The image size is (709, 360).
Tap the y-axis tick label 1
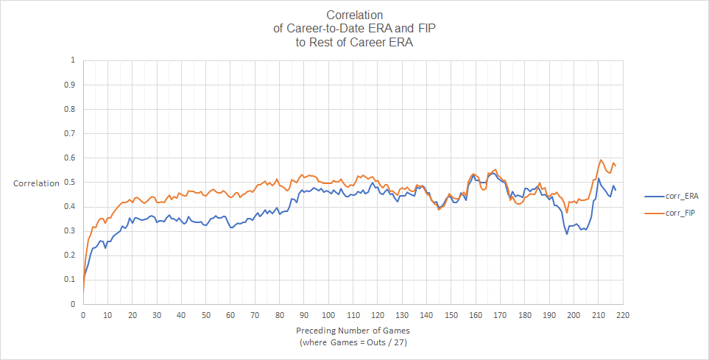(72, 60)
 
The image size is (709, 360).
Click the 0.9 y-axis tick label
(71, 85)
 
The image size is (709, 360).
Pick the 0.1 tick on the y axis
(71, 280)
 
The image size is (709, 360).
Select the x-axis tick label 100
(328, 314)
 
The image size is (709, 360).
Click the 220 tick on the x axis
(623, 314)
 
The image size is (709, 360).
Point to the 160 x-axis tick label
(476, 314)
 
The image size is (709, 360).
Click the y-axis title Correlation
(36, 183)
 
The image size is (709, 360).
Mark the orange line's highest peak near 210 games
(601, 160)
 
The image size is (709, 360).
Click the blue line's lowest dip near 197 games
(567, 233)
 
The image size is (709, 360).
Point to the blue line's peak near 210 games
(599, 178)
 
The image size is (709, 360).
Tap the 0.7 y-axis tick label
(71, 133)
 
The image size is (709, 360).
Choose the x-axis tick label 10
(107, 314)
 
